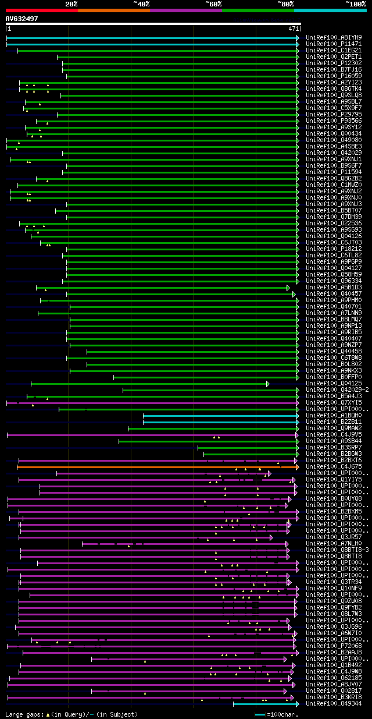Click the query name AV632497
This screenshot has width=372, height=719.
pyautogui.click(x=22, y=19)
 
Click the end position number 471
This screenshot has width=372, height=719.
pyautogui.click(x=293, y=28)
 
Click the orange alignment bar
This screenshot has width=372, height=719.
pyautogui.click(x=157, y=466)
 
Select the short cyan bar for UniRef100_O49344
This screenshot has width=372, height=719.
pyautogui.click(x=265, y=704)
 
